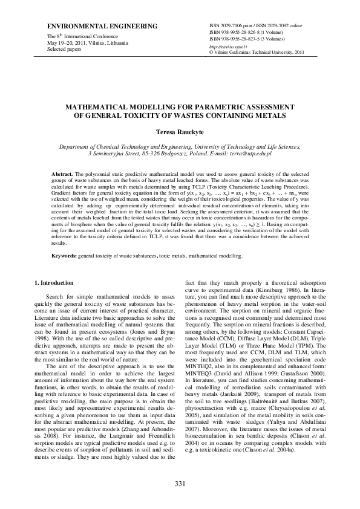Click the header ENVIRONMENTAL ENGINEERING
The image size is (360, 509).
(x=90, y=28)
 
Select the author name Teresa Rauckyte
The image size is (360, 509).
(x=180, y=131)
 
